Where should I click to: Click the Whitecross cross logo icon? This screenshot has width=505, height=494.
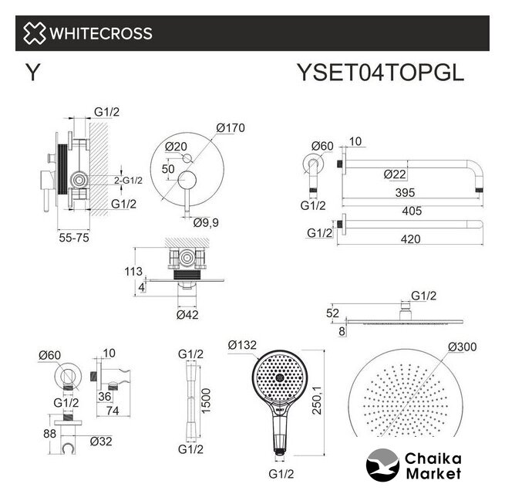coord(34,33)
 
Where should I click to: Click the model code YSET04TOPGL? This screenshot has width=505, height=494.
coord(380,73)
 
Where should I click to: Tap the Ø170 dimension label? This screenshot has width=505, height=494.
coord(231,128)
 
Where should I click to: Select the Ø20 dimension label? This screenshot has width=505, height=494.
coord(176,147)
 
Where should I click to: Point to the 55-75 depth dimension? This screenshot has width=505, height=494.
coord(74,238)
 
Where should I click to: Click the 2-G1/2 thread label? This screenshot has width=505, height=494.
coord(128,181)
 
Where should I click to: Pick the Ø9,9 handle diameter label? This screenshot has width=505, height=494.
coord(206,222)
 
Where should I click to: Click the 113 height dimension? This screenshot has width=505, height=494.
coord(133,272)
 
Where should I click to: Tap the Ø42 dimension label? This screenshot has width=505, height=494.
coord(187,315)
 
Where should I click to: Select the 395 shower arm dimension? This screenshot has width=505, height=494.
coord(406,193)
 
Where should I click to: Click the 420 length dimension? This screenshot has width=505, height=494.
coord(411,239)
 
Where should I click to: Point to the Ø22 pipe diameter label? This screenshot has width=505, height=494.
coord(395,174)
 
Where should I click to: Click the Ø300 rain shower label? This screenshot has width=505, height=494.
coord(462,347)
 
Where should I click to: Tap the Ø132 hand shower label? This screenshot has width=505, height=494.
coord(242,345)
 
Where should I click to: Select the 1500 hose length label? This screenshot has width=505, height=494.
coord(206,401)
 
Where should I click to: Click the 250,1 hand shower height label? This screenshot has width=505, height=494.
coord(317,401)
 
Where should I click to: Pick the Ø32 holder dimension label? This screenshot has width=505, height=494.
coord(101,442)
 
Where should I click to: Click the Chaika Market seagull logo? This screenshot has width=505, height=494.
coord(382,465)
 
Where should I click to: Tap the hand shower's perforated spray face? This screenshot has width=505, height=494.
coord(279,377)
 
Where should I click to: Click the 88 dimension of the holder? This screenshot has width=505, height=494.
coord(49,434)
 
